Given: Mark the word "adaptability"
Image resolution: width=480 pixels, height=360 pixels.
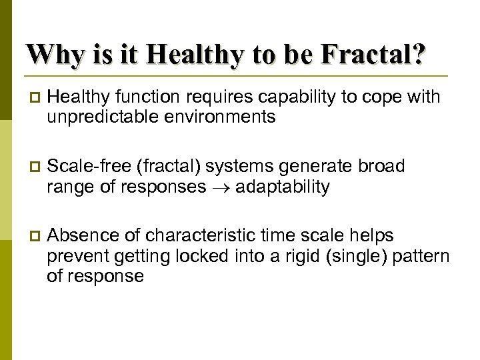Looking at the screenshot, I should (x=283, y=187).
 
